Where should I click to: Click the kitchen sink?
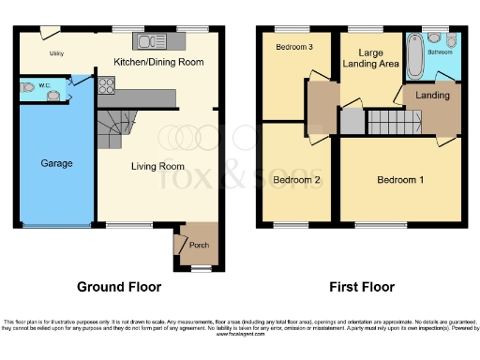pos(150,41)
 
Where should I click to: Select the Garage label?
pos(56,163)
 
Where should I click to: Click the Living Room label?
pos(157,167)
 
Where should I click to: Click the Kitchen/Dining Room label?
pos(158,63)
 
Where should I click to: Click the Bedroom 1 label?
pos(400,180)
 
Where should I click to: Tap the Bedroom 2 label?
pos(296,180)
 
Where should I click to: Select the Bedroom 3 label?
pos(294,46)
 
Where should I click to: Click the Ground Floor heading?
pos(119,287)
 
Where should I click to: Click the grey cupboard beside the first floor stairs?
pos(351,122)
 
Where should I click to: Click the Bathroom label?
pos(440,52)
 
